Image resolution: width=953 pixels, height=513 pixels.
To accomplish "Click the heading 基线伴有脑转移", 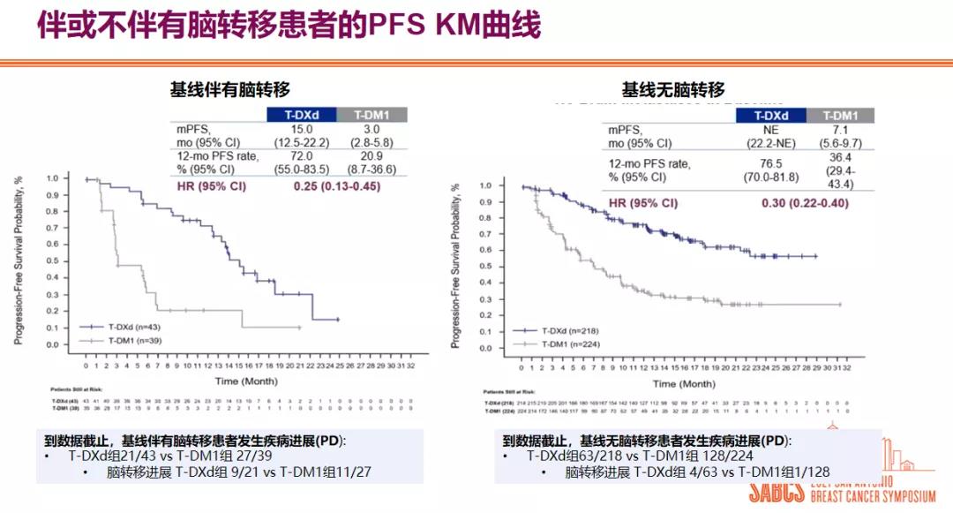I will (229, 89).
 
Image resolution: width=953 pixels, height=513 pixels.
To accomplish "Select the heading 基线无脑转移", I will (673, 89).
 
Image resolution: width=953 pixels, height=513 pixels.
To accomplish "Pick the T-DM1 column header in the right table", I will (840, 116).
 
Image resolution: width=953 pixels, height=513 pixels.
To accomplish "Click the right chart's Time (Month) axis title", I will (683, 383).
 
